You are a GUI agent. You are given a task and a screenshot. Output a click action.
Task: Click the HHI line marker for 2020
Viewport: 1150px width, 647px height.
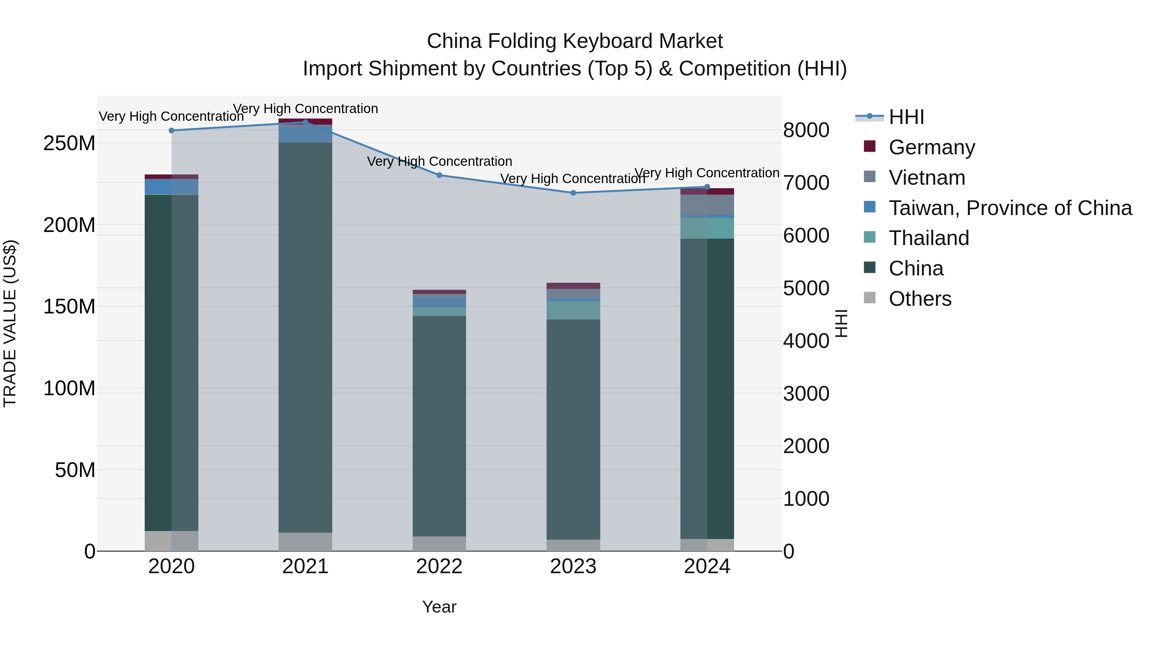172,130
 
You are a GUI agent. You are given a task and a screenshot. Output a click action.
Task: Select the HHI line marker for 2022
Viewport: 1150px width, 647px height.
439,175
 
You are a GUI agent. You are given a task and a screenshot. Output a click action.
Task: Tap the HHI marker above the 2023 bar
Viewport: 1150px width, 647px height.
573,193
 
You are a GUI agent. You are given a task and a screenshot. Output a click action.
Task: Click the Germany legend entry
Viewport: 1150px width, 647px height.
932,147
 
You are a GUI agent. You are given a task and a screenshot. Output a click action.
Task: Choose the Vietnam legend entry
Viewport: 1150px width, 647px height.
927,178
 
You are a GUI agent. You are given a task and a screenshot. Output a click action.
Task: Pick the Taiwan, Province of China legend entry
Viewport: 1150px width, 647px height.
1010,208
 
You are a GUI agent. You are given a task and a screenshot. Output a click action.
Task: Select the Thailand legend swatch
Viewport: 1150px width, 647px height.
870,237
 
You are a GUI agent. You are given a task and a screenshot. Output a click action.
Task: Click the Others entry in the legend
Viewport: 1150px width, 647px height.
920,299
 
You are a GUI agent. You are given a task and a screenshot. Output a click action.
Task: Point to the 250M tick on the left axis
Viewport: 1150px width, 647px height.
69,143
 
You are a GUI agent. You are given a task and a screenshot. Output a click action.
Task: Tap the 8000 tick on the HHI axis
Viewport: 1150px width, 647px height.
806,130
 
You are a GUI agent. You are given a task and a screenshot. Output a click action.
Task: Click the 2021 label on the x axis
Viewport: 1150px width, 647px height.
305,566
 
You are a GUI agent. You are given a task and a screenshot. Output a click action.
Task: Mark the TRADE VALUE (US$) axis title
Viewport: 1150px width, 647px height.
10,323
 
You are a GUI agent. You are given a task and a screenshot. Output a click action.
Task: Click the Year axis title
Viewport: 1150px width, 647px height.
439,607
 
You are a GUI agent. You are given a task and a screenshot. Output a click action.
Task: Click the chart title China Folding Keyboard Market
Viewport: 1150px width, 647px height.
575,41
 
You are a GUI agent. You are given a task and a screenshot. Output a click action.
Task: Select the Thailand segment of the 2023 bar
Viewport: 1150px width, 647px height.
573,310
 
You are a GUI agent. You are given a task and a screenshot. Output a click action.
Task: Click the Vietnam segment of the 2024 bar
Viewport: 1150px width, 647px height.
707,205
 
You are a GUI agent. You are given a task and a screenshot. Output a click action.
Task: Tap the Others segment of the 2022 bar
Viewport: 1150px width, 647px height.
439,543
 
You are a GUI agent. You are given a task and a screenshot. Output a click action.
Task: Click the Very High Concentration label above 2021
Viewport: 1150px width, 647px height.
305,109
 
